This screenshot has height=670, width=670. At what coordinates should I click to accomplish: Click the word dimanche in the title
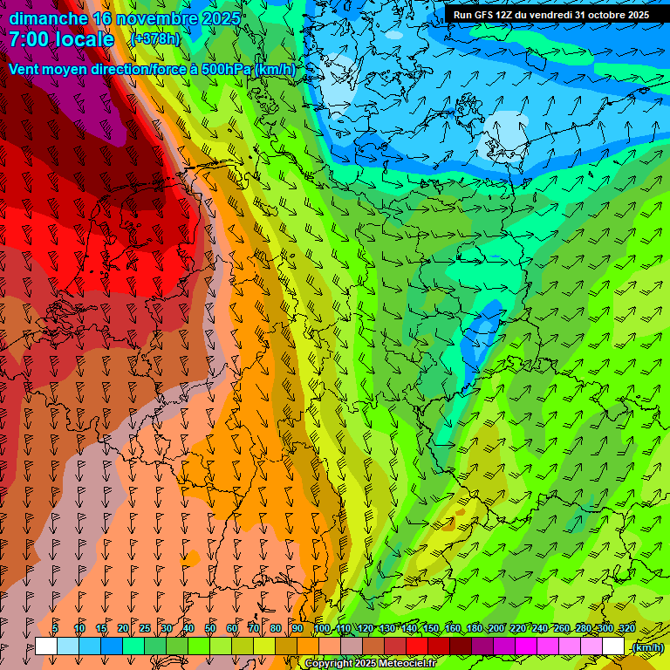pyautogui.click(x=48, y=17)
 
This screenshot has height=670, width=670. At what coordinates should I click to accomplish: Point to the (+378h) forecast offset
pyautogui.click(x=155, y=39)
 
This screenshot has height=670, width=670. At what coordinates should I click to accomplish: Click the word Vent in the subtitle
pyautogui.click(x=25, y=70)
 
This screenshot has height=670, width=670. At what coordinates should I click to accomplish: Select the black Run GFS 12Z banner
pyautogui.click(x=550, y=15)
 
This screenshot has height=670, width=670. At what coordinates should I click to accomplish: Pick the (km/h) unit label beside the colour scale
pyautogui.click(x=646, y=647)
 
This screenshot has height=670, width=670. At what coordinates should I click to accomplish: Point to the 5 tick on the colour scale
pyautogui.click(x=55, y=629)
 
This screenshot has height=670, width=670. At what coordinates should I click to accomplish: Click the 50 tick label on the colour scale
pyautogui.click(x=210, y=629)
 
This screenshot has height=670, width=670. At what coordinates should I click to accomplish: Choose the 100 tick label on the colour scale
pyautogui.click(x=322, y=629)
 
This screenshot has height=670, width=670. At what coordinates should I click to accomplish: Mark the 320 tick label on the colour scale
pyautogui.click(x=626, y=629)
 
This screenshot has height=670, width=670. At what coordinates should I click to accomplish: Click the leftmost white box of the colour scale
pyautogui.click(x=46, y=646)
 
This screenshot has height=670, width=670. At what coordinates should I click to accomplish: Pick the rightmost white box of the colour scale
pyautogui.click(x=613, y=646)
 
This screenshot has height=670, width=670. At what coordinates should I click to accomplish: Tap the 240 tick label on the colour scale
pyautogui.click(x=540, y=629)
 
